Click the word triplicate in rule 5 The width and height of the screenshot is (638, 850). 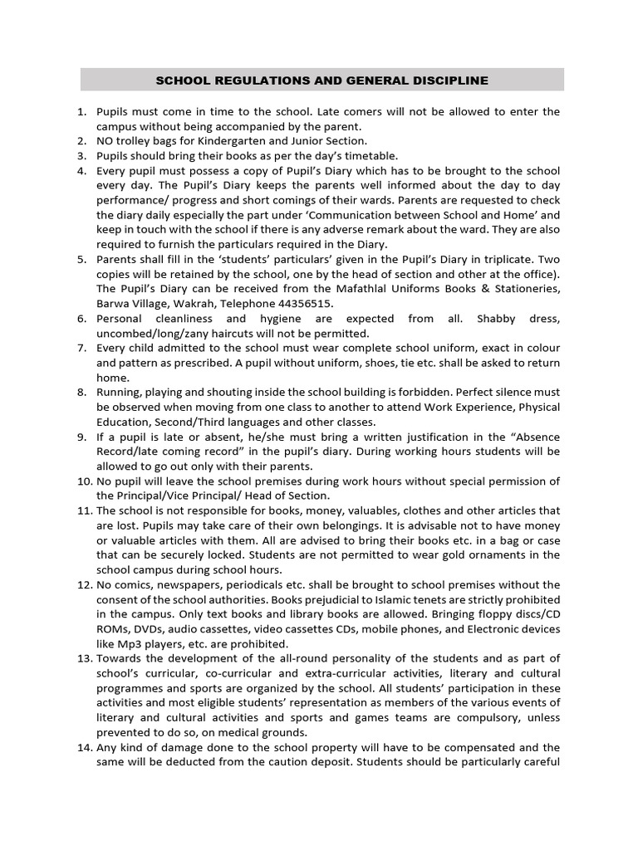pos(508,259)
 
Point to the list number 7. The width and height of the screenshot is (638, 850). pos(81,348)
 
